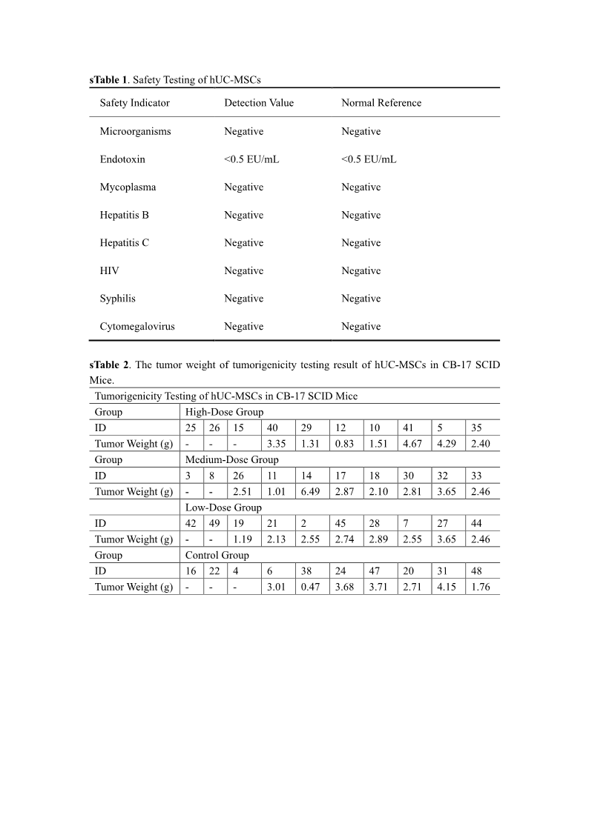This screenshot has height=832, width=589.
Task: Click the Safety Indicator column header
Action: [134, 103]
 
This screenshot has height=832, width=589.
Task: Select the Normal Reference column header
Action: [381, 103]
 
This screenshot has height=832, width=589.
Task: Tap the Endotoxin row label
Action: [122, 159]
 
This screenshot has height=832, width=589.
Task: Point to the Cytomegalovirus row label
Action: [137, 326]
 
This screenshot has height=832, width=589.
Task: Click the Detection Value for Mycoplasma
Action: [243, 187]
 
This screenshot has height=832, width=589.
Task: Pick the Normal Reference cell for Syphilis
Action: [361, 299]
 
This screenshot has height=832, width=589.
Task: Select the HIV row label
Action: [109, 270]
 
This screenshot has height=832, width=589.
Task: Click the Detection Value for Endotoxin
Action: [251, 159]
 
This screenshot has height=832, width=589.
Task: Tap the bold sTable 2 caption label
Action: [109, 365]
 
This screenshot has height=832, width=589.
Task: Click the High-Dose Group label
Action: [224, 412]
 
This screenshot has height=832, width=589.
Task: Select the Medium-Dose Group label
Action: [231, 459]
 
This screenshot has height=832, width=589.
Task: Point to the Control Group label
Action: [217, 555]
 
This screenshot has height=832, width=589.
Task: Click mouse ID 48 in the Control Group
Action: [481, 571]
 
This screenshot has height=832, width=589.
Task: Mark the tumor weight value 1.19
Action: [243, 539]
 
